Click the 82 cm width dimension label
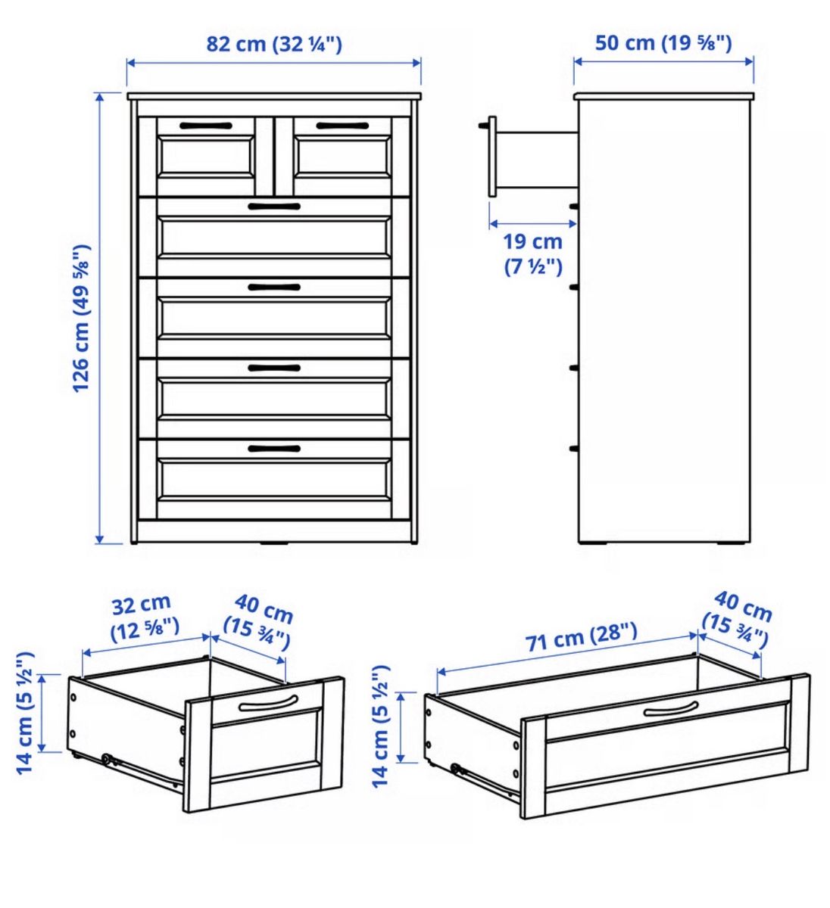[x=274, y=45]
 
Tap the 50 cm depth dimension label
[x=663, y=43]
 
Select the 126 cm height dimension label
[x=82, y=319]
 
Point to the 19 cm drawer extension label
[x=533, y=254]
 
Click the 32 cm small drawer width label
[x=145, y=617]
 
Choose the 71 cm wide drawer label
[x=582, y=637]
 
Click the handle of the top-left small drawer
[x=206, y=126]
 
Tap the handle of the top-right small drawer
[x=342, y=126]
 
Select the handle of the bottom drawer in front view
[x=274, y=449]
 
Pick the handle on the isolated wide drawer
[x=671, y=710]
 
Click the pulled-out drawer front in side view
[x=492, y=157]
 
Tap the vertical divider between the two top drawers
[x=274, y=156]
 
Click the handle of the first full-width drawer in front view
[x=274, y=207]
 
